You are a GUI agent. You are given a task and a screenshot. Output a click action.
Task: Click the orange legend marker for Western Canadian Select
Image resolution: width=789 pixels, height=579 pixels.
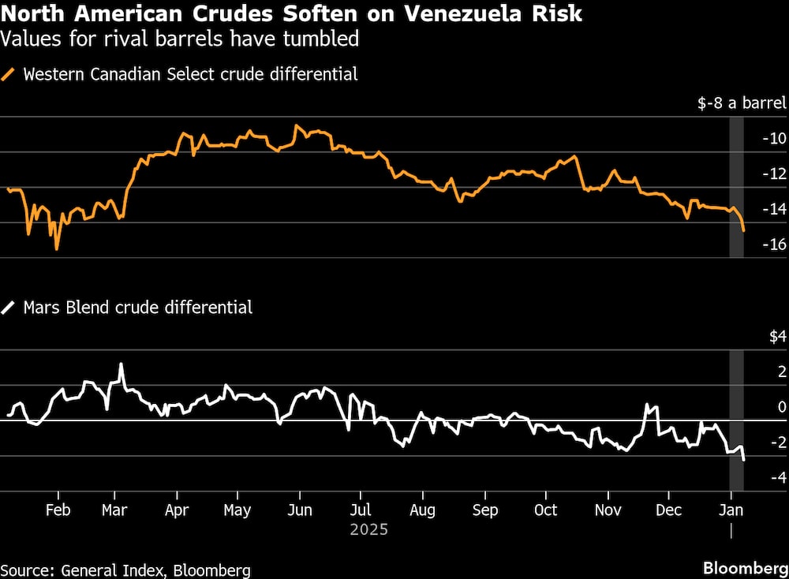click(9, 75)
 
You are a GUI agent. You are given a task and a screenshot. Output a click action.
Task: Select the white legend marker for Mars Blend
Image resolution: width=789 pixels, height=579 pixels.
click(9, 308)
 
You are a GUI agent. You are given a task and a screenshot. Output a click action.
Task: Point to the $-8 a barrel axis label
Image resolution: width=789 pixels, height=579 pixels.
click(742, 103)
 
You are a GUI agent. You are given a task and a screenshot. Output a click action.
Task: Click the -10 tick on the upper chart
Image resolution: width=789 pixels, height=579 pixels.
click(774, 139)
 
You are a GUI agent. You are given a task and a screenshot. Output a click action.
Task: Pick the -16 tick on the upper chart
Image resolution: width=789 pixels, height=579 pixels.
click(774, 245)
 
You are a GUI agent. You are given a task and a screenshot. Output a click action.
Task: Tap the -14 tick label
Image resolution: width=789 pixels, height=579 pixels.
click(774, 209)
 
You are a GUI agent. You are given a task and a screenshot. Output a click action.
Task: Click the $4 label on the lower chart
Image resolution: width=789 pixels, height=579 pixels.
click(777, 337)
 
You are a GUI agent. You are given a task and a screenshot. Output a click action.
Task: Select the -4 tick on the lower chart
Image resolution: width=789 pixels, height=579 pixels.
click(776, 477)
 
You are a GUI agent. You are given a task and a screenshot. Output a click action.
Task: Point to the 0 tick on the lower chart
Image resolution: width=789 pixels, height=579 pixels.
click(780, 407)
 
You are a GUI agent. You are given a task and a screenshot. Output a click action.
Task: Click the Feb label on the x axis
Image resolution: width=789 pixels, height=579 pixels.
click(58, 510)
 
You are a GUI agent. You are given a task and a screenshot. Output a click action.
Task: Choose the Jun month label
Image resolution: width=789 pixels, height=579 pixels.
click(299, 510)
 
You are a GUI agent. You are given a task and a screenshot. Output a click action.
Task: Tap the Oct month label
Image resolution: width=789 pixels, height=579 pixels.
click(545, 510)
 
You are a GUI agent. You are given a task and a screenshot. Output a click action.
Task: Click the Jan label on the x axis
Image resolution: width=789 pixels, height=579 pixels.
click(731, 510)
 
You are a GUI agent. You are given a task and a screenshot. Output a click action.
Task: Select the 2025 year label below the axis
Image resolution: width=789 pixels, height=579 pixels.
click(369, 529)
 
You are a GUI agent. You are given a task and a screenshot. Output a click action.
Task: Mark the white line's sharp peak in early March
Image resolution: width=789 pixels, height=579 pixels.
click(121, 364)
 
